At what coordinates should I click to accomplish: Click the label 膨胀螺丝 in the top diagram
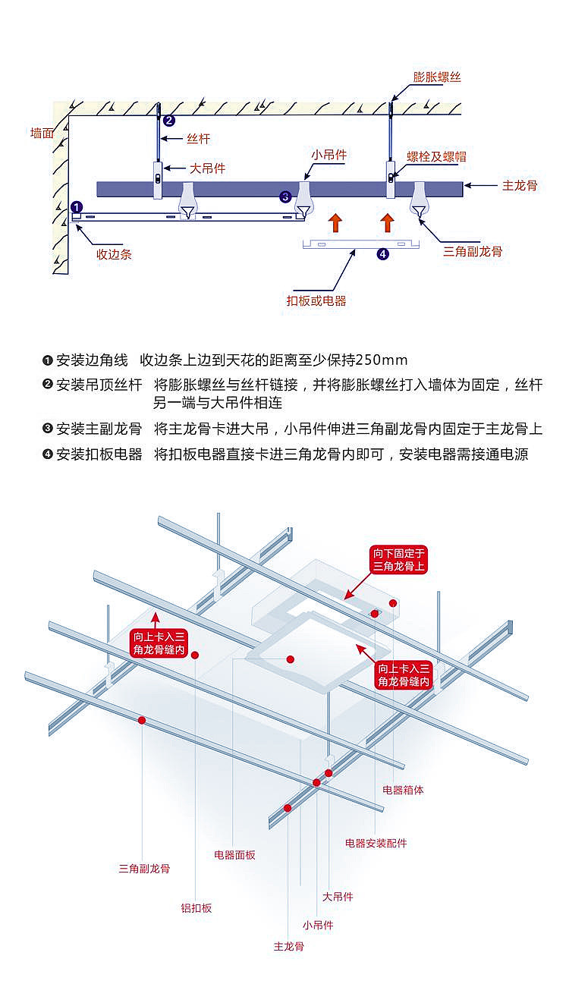point(437,77)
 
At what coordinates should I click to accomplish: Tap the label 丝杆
point(198,139)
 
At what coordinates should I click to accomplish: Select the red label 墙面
point(42,134)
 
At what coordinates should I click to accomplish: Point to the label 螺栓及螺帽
point(436,157)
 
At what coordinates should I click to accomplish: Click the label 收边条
point(114,254)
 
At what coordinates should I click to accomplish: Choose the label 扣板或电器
point(316,300)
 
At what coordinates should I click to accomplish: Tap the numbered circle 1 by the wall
point(76,206)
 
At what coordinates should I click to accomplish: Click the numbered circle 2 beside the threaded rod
point(169,120)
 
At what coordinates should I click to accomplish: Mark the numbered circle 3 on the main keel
point(285,196)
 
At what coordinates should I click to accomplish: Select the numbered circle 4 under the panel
point(382,254)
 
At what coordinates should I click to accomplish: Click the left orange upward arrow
point(335,222)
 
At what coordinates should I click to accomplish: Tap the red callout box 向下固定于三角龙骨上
point(398,559)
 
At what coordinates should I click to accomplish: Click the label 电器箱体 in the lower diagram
point(403,790)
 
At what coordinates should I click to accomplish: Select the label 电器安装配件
point(376,843)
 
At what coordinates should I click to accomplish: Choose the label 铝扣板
point(196,907)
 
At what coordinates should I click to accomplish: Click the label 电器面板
point(234,855)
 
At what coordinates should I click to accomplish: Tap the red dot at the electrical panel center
point(290,659)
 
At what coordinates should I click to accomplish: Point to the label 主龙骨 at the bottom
point(288,946)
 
